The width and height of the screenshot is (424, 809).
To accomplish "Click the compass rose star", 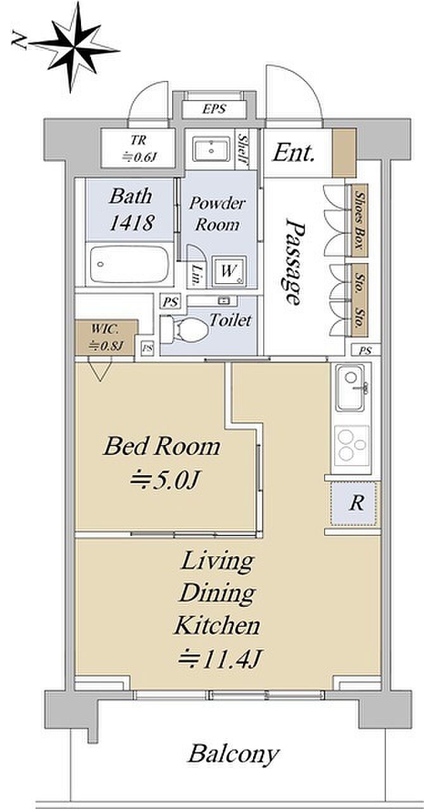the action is tap(75, 47).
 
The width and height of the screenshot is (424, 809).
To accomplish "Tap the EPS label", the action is tap(214, 109).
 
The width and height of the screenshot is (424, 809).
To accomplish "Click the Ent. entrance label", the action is tap(293, 153).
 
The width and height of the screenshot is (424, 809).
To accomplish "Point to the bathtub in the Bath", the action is tap(129, 264).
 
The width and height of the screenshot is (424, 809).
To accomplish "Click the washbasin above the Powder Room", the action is tap(211, 149).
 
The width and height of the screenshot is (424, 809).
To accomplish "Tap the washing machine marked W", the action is tap(229, 271).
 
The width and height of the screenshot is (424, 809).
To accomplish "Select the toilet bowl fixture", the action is tap(185, 328).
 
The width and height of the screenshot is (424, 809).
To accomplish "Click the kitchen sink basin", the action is tap(351, 387).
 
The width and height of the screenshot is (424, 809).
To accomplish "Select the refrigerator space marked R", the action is tap(356, 503).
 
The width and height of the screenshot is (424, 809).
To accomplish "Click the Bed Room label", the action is tap(162, 446).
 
